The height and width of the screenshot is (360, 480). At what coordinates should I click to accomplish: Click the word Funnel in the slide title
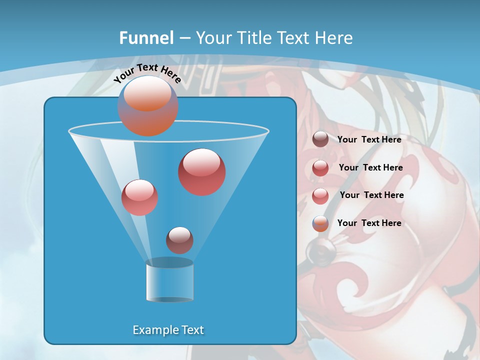(146, 38)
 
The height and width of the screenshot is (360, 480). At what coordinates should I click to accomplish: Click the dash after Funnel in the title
(184, 38)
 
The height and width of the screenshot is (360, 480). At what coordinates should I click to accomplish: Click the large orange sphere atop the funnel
(147, 105)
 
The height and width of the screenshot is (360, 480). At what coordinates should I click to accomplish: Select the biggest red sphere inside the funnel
(201, 171)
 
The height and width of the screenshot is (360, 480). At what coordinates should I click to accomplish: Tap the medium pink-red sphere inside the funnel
(139, 197)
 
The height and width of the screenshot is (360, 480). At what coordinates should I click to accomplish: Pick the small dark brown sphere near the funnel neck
(179, 240)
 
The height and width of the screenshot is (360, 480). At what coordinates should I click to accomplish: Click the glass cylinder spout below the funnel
(169, 281)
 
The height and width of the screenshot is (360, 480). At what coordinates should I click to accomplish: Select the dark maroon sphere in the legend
(320, 139)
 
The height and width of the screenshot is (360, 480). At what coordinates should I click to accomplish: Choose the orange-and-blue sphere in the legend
(320, 223)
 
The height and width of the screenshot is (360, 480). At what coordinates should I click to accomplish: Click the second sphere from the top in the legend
(320, 167)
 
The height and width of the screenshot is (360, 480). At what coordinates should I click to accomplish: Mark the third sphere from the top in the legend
(320, 195)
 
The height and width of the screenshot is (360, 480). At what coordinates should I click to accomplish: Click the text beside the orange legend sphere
(369, 223)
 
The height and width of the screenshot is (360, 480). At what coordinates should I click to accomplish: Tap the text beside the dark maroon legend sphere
(369, 139)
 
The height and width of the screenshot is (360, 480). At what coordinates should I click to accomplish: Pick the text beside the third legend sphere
(371, 195)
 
